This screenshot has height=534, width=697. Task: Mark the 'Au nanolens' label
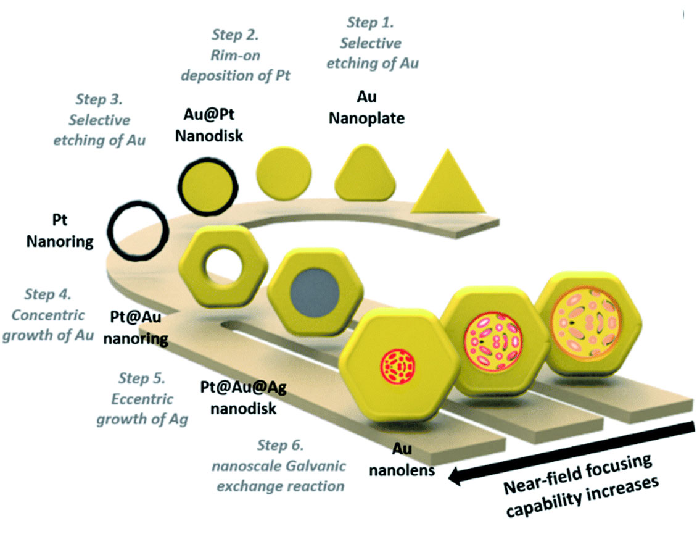pyautogui.click(x=402, y=461)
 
